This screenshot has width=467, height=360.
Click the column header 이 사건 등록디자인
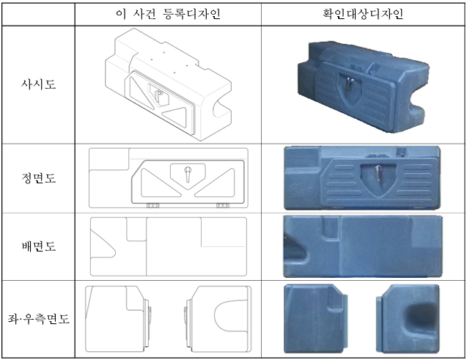[x=169, y=14]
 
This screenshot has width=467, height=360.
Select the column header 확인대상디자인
[x=363, y=14]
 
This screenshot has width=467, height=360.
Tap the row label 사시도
[x=38, y=84]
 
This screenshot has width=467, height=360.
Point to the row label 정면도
[x=38, y=178]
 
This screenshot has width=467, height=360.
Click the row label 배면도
[x=38, y=246]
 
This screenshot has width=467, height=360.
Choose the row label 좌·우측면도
[x=38, y=319]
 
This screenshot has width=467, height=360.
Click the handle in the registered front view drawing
[x=188, y=174]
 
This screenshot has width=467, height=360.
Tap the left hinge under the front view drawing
[x=152, y=205]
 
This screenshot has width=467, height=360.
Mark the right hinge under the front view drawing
[x=222, y=205]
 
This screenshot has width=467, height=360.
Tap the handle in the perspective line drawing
[x=158, y=96]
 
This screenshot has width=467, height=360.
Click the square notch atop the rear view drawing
[x=136, y=229]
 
